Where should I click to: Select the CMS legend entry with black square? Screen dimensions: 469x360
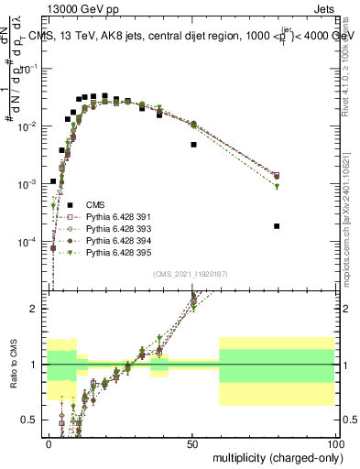click(93, 205)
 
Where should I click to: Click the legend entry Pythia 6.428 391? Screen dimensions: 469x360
click(119, 217)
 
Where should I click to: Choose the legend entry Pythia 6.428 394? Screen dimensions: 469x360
click(119, 240)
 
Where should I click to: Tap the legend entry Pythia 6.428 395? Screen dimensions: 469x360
click(119, 252)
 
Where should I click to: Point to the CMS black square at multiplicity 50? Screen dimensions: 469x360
click(193, 145)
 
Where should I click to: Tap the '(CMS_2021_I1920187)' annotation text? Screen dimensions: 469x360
click(190, 273)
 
